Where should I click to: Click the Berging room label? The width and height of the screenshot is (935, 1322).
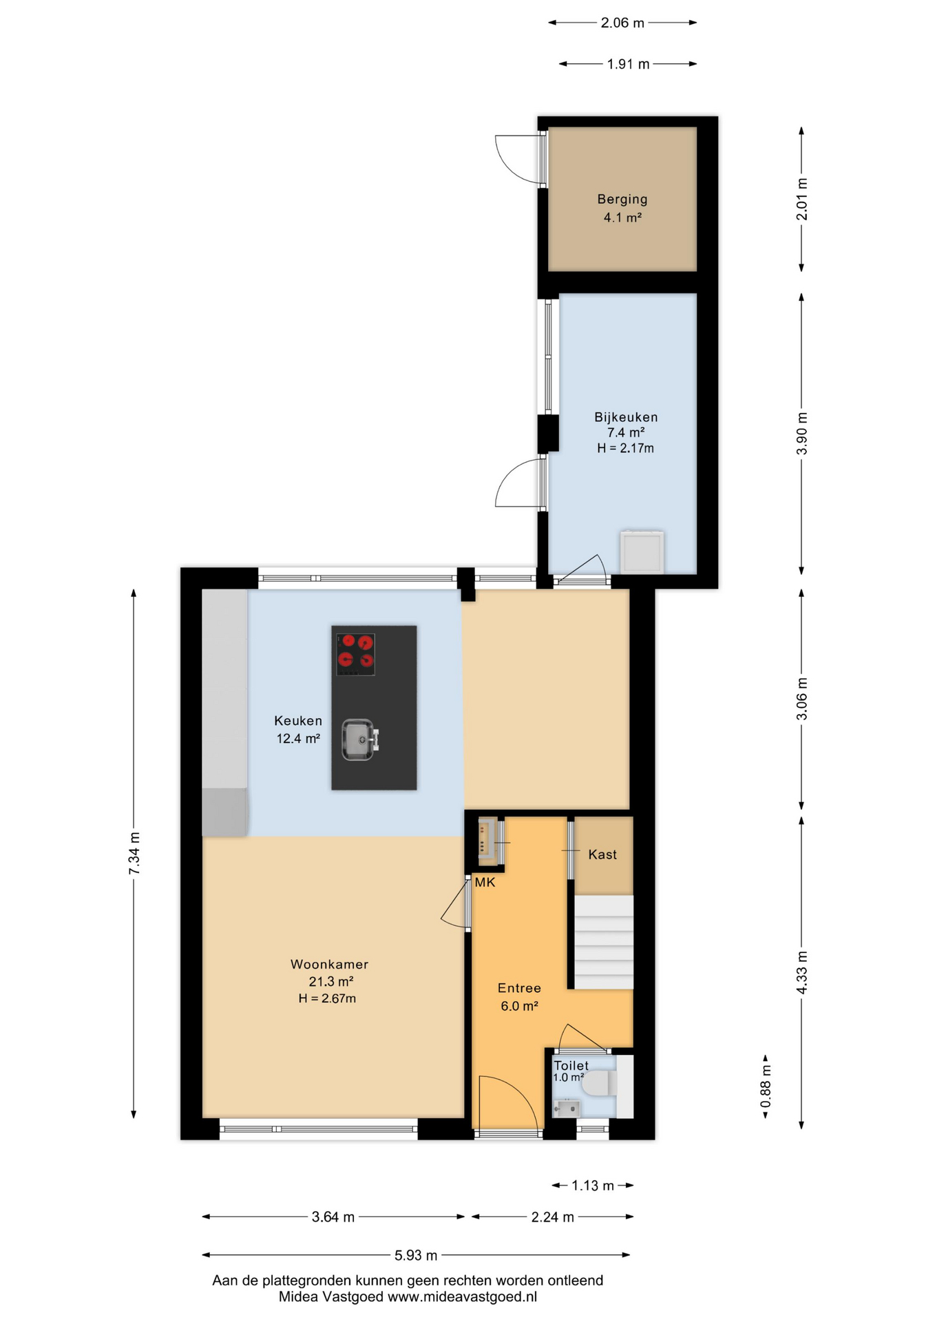pos(622,200)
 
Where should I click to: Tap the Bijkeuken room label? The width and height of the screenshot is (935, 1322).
pos(626,417)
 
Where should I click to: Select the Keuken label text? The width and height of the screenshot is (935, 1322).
pos(298,721)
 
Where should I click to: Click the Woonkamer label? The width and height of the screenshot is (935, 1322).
pos(329,965)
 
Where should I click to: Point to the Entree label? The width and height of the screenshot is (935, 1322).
pos(519,989)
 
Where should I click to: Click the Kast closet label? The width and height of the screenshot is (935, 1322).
pos(602,854)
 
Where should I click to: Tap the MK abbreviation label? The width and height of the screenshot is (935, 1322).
pos(485,882)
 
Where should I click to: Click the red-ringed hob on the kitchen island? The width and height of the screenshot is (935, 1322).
pos(355,654)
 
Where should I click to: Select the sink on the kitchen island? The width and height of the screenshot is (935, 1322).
pos(360,739)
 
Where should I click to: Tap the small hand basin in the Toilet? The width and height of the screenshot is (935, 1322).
pos(567,1109)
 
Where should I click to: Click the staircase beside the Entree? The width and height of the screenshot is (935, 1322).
pos(604,942)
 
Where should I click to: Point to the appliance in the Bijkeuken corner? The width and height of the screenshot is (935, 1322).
pos(642,551)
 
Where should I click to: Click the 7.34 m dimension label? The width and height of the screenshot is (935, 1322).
pos(134,854)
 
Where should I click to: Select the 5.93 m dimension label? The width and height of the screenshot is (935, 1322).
pos(416,1255)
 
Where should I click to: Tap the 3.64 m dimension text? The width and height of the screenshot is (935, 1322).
pos(333,1217)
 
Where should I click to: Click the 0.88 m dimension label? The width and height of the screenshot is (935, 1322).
pos(766,1087)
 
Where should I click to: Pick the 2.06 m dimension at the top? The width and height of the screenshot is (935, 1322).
pos(622,23)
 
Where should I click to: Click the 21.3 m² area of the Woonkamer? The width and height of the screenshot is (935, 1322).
pos(331,982)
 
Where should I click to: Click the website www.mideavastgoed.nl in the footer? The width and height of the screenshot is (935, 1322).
pos(462,1297)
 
